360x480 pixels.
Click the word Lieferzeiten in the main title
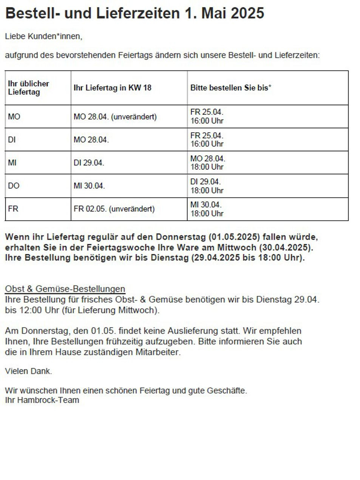[138, 14]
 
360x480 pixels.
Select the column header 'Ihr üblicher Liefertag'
[28, 88]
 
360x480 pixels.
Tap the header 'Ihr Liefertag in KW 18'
[112, 88]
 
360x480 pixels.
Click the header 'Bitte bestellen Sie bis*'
[231, 88]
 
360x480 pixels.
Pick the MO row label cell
[14, 117]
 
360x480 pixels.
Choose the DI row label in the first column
[12, 140]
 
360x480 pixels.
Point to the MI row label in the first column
[12, 163]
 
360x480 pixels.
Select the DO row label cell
[14, 186]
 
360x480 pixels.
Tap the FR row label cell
[13, 209]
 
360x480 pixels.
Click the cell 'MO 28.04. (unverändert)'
[115, 117]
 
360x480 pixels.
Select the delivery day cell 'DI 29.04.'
[89, 163]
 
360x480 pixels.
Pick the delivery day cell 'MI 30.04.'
[89, 186]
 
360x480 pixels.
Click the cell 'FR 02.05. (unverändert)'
[114, 209]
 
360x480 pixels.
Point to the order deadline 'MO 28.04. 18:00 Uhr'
[207, 163]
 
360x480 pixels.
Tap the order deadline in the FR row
[207, 209]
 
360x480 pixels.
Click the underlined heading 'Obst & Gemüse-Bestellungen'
[65, 289]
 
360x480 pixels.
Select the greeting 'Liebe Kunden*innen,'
[43, 37]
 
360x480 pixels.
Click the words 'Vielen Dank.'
[28, 371]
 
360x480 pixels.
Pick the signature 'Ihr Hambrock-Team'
[42, 400]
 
